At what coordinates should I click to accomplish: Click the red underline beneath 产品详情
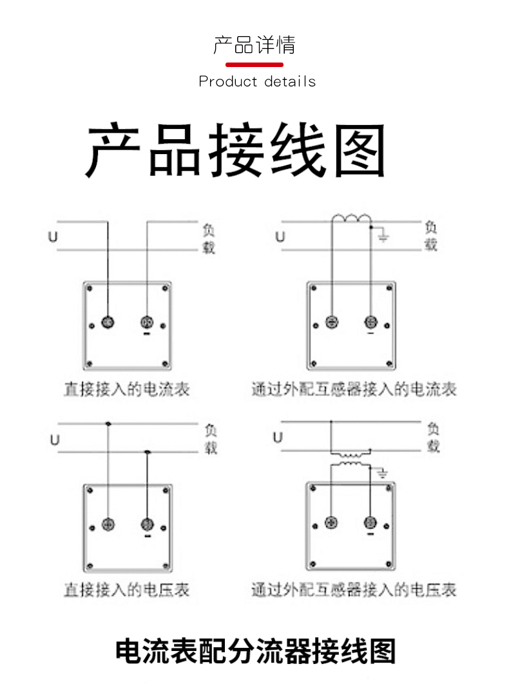click(x=254, y=64)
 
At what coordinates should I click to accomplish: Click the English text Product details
click(x=257, y=82)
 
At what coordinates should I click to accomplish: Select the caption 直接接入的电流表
click(x=126, y=389)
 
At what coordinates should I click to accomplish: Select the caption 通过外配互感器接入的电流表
click(x=354, y=389)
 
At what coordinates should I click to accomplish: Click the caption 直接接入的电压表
click(x=126, y=589)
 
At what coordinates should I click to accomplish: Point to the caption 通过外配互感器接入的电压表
click(x=354, y=589)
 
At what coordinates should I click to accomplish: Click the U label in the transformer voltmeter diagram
click(x=278, y=438)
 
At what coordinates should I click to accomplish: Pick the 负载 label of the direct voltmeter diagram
click(x=211, y=438)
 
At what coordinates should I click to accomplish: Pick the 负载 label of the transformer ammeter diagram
click(x=431, y=236)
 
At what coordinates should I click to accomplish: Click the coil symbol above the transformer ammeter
click(x=352, y=220)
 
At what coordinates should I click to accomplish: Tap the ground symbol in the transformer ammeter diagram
click(x=383, y=238)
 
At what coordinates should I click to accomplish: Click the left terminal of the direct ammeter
click(x=108, y=322)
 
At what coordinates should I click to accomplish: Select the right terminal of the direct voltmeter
click(x=147, y=523)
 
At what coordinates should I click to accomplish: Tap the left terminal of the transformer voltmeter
click(x=332, y=522)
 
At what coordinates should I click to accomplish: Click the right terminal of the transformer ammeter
click(x=370, y=322)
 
